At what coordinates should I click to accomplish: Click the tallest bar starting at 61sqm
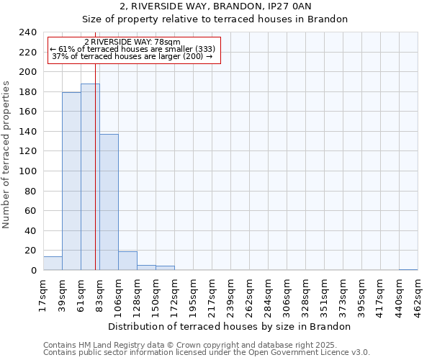[90, 177]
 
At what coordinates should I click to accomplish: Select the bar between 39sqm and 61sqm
[71, 181]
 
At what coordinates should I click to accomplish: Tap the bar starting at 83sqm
[109, 202]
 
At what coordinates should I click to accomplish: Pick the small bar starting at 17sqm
[53, 264]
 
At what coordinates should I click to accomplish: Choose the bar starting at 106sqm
[127, 261]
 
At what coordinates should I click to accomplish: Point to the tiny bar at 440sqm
[408, 269]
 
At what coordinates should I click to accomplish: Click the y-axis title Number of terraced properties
[7, 154]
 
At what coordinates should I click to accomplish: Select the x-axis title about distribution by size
[230, 326]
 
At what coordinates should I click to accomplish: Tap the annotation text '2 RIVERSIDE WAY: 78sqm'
[132, 42]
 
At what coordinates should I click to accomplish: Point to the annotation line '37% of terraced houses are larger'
[132, 56]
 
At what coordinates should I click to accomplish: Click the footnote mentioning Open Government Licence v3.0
[207, 353]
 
